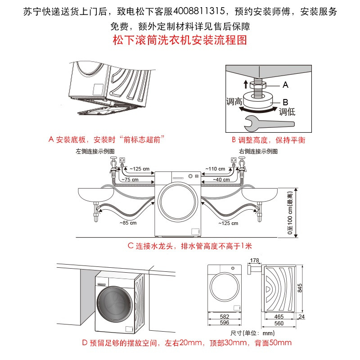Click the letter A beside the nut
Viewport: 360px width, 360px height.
point(285,85)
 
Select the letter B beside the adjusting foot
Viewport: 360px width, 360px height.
point(285,102)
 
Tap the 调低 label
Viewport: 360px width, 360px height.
point(287,112)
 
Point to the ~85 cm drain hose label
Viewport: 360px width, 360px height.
point(128,222)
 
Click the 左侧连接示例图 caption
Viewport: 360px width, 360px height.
point(95,151)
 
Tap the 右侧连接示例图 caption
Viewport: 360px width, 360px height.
point(258,151)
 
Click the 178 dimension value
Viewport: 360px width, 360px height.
point(254,260)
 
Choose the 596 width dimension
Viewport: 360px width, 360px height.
point(224,323)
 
